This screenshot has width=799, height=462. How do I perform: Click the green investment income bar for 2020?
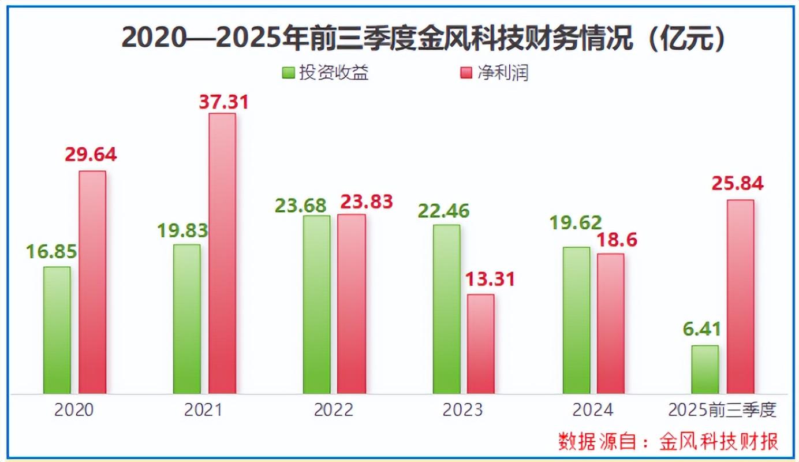[57, 330]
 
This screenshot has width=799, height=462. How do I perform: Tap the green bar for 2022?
[316, 304]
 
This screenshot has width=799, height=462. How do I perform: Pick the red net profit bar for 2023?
[480, 344]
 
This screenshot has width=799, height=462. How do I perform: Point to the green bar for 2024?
[576, 321]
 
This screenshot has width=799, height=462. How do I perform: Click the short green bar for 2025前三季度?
[705, 370]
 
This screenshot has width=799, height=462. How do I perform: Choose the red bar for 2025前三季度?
[740, 296]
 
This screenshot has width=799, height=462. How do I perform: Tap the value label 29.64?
[91, 155]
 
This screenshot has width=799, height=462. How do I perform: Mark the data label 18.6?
[613, 239]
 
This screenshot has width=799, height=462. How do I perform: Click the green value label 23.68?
[301, 205]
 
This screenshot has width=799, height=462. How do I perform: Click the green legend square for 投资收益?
[288, 73]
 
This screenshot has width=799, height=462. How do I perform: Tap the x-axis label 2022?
[333, 410]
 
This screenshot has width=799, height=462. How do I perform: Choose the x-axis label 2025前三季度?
[722, 410]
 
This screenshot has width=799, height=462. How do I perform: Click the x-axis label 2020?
[74, 410]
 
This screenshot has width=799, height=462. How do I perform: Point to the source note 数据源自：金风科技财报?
[668, 441]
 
